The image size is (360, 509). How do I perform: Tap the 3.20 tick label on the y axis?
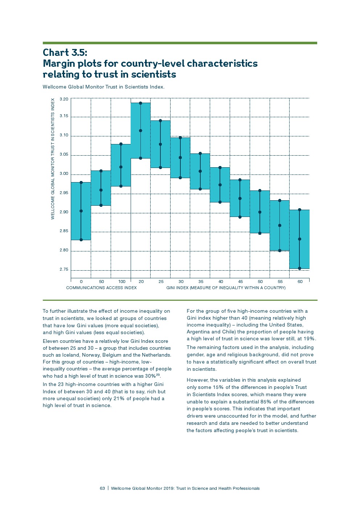(64, 99)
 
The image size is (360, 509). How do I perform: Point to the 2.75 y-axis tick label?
(64, 270)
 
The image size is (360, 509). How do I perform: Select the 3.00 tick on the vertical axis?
(64, 174)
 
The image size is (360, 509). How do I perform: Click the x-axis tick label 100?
(122, 282)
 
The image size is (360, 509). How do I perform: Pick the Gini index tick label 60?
(300, 282)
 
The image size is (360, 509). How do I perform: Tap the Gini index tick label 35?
(201, 282)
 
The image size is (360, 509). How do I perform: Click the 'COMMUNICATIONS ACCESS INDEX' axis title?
(101, 288)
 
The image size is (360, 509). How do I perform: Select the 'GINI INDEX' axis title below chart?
(226, 288)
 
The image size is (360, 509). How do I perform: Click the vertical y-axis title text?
(53, 159)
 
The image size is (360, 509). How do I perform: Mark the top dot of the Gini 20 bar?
(140, 103)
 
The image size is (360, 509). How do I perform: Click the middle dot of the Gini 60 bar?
(299, 239)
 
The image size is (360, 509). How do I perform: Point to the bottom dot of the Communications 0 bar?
(81, 240)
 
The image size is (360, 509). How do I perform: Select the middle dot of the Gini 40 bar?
(220, 185)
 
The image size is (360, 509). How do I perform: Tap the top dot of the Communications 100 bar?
(121, 144)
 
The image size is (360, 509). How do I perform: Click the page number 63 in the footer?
(102, 488)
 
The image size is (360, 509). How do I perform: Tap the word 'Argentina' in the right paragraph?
(198, 332)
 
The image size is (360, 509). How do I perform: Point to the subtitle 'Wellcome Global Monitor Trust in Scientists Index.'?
(103, 87)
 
